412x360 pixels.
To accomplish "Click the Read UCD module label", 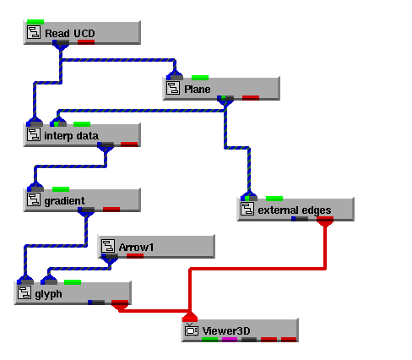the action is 70,34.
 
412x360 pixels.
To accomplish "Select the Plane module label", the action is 198,90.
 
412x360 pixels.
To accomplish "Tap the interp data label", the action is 71,136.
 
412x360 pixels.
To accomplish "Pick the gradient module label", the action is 64,201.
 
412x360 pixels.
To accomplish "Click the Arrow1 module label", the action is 136,248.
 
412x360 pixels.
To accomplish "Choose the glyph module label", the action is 48,294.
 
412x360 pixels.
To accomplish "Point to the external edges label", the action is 295,210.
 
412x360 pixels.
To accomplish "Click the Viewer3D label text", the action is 226,331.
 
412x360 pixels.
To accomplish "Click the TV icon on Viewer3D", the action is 192,330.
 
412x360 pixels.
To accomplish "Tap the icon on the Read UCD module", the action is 34,32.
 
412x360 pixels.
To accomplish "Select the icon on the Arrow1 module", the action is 108,246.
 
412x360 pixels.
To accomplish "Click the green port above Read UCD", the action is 35,22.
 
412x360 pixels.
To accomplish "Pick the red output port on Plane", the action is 251,98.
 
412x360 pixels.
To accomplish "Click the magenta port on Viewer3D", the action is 230,340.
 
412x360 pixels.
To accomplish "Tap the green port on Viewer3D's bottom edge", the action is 210,340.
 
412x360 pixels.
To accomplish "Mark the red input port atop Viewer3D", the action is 190,318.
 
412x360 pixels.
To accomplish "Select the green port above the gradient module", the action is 61,189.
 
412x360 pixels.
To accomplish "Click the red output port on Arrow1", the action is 135,256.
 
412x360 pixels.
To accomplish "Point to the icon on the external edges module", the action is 247,209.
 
